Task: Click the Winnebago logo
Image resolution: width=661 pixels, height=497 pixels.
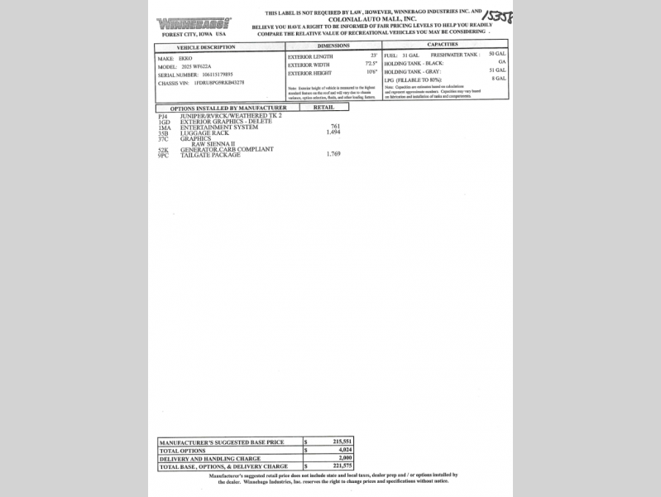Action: pyautogui.click(x=194, y=23)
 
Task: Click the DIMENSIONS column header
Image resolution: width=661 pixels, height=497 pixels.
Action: pyautogui.click(x=333, y=46)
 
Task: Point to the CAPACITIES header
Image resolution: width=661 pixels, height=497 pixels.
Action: pyautogui.click(x=443, y=44)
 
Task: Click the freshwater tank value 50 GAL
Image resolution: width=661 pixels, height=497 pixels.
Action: pyautogui.click(x=497, y=53)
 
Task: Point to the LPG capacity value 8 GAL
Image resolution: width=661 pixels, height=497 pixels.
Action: pyautogui.click(x=499, y=78)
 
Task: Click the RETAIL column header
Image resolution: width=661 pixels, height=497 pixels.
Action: pyautogui.click(x=323, y=107)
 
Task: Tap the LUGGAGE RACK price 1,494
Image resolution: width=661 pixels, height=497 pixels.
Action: pyautogui.click(x=333, y=132)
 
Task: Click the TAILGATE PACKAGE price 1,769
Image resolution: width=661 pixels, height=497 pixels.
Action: pyautogui.click(x=333, y=154)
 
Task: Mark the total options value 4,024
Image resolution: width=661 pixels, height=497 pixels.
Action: pyautogui.click(x=344, y=450)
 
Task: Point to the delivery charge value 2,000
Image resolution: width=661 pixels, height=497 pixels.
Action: pyautogui.click(x=344, y=458)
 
